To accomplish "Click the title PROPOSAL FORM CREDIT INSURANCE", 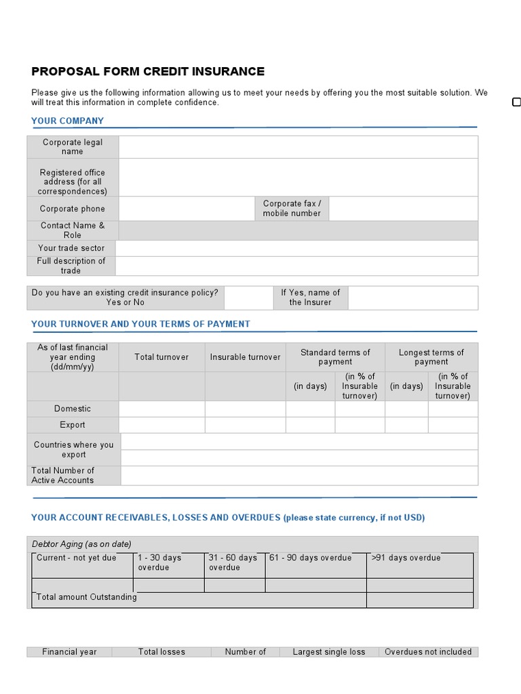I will pyautogui.click(x=148, y=72).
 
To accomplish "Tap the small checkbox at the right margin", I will pyautogui.click(x=516, y=102).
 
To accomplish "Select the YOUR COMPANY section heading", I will pyautogui.click(x=67, y=121).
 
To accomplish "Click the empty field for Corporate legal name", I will pyautogui.click(x=298, y=147).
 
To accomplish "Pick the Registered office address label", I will pyautogui.click(x=73, y=182).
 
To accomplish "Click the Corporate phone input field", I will pyautogui.click(x=187, y=209).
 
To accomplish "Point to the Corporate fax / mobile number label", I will pyautogui.click(x=292, y=208).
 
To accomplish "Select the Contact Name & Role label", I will pyautogui.click(x=73, y=230).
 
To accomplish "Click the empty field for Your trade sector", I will pyautogui.click(x=296, y=248).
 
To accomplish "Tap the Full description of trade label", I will pyautogui.click(x=71, y=266).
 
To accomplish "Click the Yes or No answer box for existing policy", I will pyautogui.click(x=248, y=298).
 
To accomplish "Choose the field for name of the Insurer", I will pyautogui.click(x=412, y=298).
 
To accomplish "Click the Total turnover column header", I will pyautogui.click(x=161, y=357).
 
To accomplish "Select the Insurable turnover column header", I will pyautogui.click(x=245, y=357).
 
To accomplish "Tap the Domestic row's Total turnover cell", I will pyautogui.click(x=161, y=409).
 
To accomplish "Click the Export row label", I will pyautogui.click(x=73, y=425).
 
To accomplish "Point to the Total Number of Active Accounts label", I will pyautogui.click(x=63, y=475).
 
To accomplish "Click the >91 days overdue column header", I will pyautogui.click(x=406, y=558).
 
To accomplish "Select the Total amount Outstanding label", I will pyautogui.click(x=86, y=597).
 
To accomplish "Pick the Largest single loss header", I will pyautogui.click(x=328, y=652).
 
